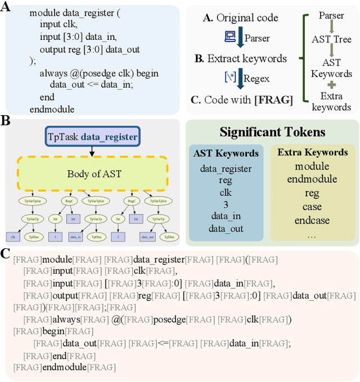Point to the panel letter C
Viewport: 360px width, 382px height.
tap(6, 254)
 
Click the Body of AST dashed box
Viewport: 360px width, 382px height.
tap(93, 173)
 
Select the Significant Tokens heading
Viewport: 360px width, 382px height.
tap(272, 133)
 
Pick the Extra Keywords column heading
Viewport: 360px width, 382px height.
tap(313, 152)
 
